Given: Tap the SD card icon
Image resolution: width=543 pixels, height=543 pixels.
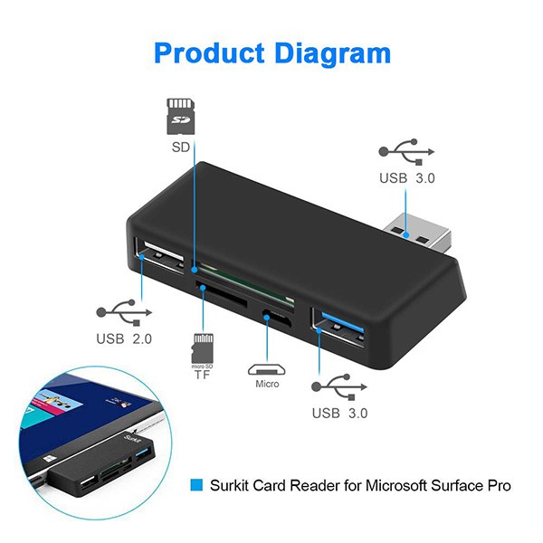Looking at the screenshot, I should (180, 116).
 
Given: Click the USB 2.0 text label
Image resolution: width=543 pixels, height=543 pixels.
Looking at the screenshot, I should (124, 339).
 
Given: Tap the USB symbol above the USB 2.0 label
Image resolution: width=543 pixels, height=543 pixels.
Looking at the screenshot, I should (121, 313).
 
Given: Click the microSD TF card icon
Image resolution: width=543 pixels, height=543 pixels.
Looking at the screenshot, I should (203, 348).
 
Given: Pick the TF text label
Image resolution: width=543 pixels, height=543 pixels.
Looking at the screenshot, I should (203, 375).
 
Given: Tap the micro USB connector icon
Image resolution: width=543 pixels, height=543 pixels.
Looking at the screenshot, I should (266, 369).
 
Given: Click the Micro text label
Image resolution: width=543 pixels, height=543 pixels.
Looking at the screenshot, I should (266, 385).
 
